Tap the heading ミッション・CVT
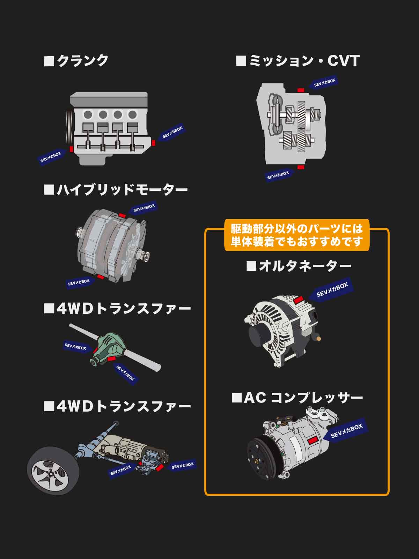pyautogui.click(x=298, y=60)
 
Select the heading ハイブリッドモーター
pyautogui.click(x=116, y=190)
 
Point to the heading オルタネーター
pyautogui.click(x=299, y=266)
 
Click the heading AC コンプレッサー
pyautogui.click(x=297, y=398)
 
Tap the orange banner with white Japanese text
pyautogui.click(x=297, y=235)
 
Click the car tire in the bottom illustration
pyautogui.click(x=53, y=471)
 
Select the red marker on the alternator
pyautogui.click(x=298, y=300)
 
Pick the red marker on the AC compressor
pyautogui.click(x=313, y=440)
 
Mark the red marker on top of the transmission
pyautogui.click(x=301, y=90)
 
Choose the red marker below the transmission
pyautogui.click(x=301, y=167)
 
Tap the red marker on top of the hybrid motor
pyautogui.click(x=122, y=216)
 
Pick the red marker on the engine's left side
pyautogui.click(x=72, y=149)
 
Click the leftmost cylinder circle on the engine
pyautogui.click(x=88, y=115)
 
